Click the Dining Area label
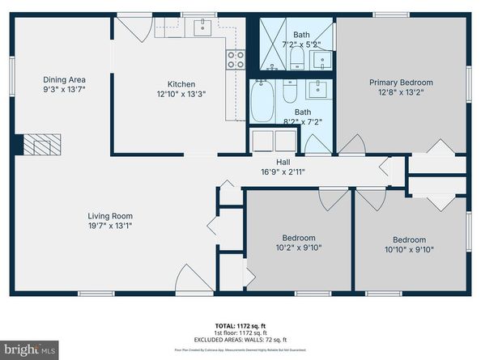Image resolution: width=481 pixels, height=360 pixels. pyautogui.click(x=65, y=79)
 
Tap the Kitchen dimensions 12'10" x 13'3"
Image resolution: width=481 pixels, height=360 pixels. pyautogui.click(x=181, y=95)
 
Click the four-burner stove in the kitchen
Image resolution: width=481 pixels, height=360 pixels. pyautogui.click(x=236, y=58)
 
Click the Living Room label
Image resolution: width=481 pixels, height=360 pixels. pyautogui.click(x=110, y=216)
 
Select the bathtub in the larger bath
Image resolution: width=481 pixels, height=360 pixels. pyautogui.click(x=263, y=101)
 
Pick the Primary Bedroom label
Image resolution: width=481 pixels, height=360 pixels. pyautogui.click(x=401, y=83)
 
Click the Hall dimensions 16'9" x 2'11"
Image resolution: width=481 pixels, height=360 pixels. pyautogui.click(x=282, y=172)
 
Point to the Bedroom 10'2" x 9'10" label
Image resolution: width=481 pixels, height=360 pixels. pyautogui.click(x=298, y=238)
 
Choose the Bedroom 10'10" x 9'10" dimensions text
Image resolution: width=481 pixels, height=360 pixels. pyautogui.click(x=409, y=250)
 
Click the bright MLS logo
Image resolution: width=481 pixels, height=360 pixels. pyautogui.click(x=29, y=349)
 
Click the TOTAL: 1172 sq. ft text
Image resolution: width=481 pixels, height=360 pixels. pyautogui.click(x=240, y=324)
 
